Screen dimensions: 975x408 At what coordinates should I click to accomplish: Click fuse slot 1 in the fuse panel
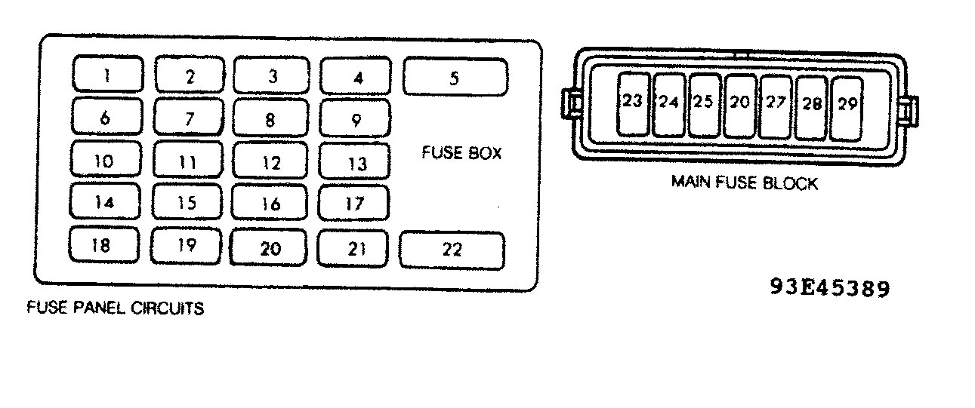coord(107,74)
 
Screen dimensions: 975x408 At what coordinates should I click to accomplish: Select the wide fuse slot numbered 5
coord(455,77)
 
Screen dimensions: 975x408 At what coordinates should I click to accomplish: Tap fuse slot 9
coord(355,118)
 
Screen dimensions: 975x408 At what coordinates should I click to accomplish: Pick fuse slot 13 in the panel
coord(354,161)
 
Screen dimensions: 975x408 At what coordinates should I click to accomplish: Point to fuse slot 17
coord(353,203)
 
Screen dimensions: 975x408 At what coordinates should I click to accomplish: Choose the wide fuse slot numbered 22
coord(452,250)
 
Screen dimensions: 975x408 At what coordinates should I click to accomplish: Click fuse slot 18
coord(104,244)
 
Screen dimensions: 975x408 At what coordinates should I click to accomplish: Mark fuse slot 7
coord(189,116)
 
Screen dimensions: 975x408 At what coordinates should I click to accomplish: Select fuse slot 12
coord(270,161)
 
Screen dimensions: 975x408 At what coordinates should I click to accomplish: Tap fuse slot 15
coord(187,201)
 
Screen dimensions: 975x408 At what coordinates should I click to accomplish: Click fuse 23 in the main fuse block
coord(634,104)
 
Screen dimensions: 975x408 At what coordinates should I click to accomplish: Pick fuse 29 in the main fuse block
coord(847,109)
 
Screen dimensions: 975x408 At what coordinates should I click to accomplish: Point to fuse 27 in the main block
coord(775,107)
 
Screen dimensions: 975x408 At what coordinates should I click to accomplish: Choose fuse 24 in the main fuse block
coord(669,105)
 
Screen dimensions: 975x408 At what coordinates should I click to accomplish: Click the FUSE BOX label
coord(461,153)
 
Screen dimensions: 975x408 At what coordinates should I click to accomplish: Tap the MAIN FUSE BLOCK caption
coord(745,183)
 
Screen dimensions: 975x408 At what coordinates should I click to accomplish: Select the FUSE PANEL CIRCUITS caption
coord(116,308)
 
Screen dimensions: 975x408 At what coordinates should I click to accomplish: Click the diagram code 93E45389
coord(830,288)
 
